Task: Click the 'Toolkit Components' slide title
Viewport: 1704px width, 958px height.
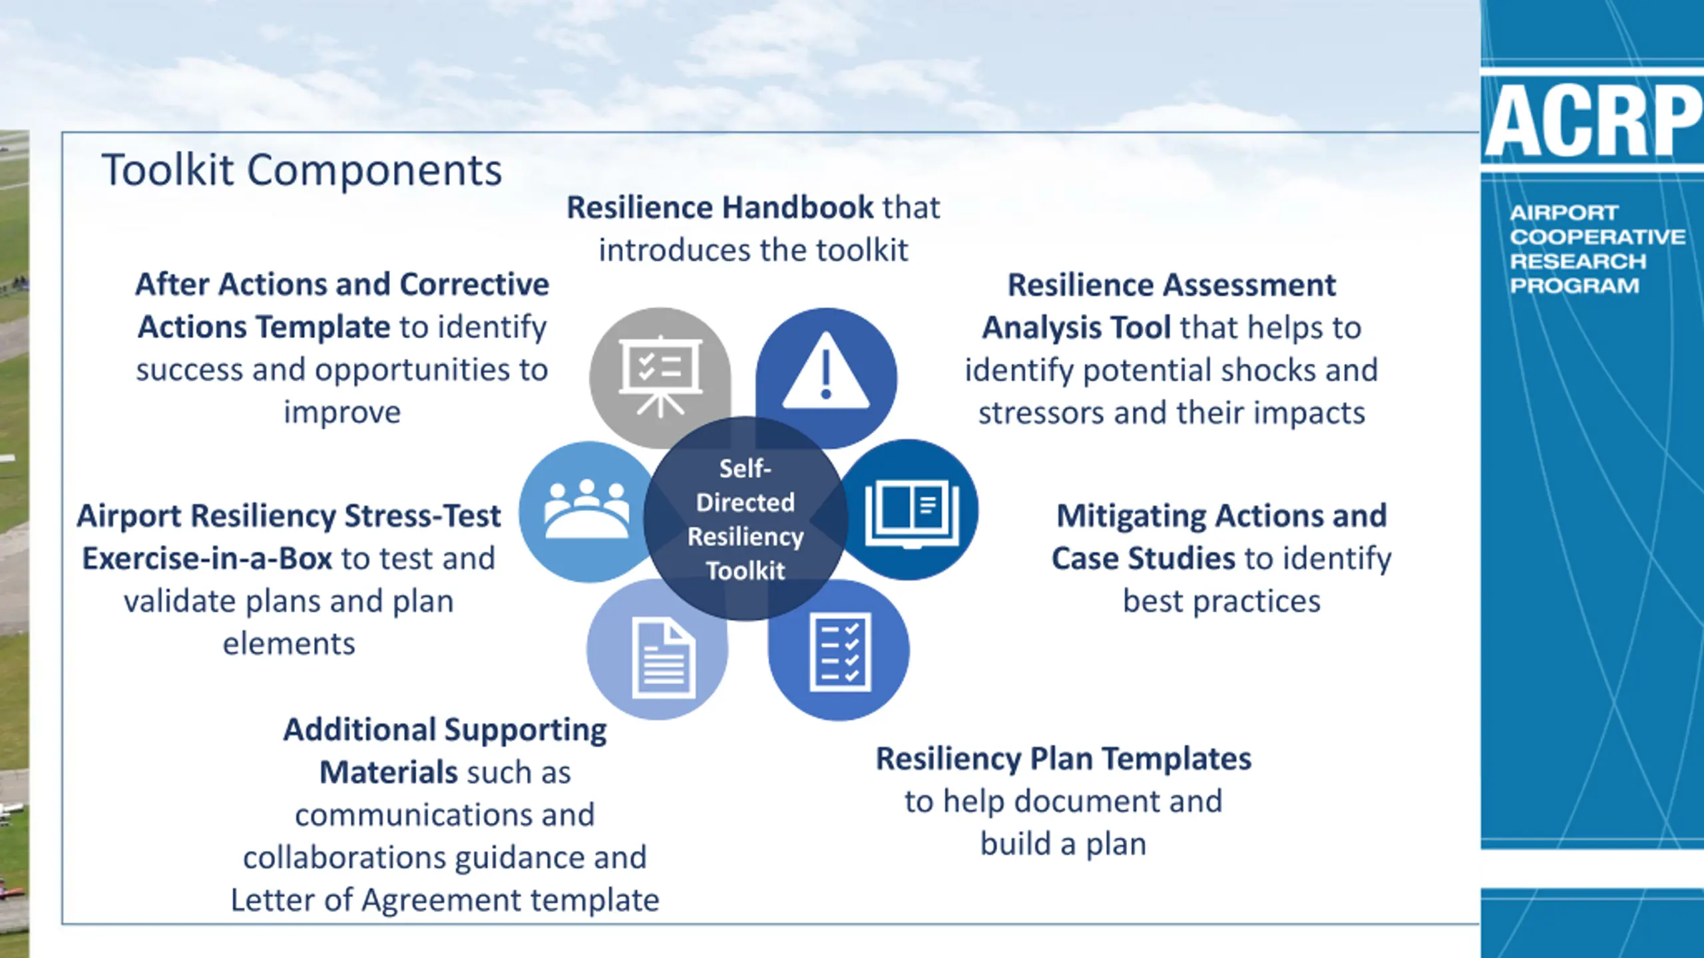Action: point(302,170)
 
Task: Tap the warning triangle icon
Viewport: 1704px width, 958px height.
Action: point(825,373)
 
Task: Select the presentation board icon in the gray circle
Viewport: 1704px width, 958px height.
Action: point(660,375)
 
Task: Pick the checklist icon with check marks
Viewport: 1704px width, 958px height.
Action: point(840,652)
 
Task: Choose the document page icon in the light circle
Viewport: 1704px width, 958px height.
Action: point(663,659)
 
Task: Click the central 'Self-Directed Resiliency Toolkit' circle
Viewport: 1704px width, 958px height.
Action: point(745,519)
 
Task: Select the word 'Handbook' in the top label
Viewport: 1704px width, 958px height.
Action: point(797,208)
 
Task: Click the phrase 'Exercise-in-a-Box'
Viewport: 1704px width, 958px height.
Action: point(207,559)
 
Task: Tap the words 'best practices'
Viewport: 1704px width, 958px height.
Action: point(1221,601)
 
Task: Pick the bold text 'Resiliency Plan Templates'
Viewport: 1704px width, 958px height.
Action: point(1063,758)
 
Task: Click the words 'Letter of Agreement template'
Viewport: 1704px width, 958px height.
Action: point(445,900)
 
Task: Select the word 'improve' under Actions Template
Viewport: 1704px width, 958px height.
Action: point(342,412)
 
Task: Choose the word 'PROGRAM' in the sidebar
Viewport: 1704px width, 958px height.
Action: point(1574,286)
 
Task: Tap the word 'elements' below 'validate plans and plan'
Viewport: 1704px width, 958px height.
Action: point(289,644)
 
